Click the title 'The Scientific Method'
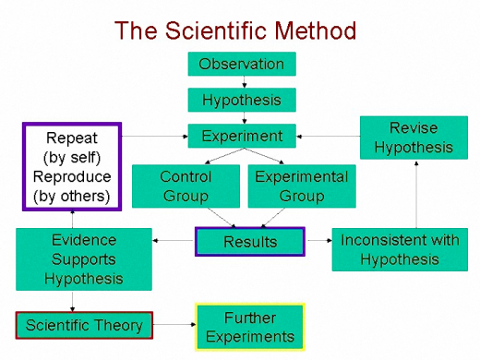(x=234, y=30)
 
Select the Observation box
(x=242, y=64)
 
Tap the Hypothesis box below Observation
(x=242, y=100)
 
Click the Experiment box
(x=242, y=136)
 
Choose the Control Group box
(x=186, y=186)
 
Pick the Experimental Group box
(x=301, y=186)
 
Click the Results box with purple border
(x=249, y=242)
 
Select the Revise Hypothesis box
(x=414, y=137)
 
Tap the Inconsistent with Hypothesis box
(x=400, y=249)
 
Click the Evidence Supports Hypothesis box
(x=83, y=258)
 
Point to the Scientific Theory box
(x=84, y=325)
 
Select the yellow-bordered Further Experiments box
(x=249, y=327)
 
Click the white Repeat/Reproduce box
(x=71, y=167)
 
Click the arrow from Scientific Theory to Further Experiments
(x=174, y=325)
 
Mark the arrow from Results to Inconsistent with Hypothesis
(x=318, y=241)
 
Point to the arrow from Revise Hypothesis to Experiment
(x=328, y=136)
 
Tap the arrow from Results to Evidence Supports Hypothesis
(x=173, y=241)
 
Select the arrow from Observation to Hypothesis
(x=242, y=81)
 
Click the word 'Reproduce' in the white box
(x=71, y=176)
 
